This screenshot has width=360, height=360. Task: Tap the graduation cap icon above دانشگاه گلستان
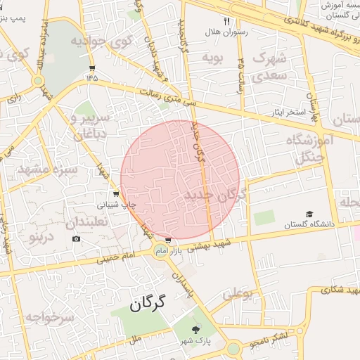click(309, 214)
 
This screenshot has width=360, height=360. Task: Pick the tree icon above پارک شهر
click(196, 329)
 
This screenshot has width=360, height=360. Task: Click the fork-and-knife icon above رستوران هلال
click(227, 21)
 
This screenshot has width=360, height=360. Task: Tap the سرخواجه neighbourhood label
click(50, 317)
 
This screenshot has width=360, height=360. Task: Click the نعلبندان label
click(89, 222)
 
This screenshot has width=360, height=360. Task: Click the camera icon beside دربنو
click(76, 238)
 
